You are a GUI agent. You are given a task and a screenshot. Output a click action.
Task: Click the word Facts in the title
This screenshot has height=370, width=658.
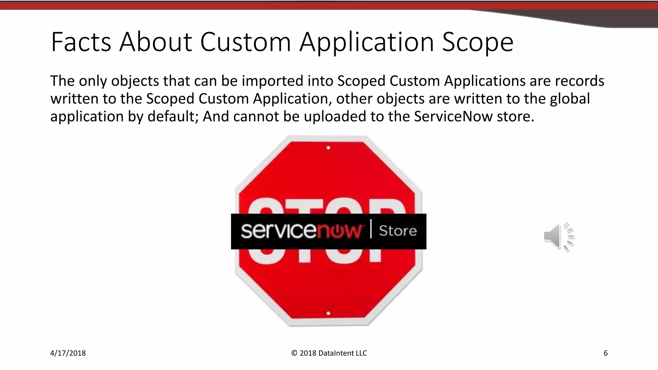tap(81, 42)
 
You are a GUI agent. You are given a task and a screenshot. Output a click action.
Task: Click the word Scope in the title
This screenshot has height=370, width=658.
tap(478, 42)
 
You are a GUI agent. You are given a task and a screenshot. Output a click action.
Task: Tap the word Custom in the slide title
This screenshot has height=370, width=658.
tap(245, 42)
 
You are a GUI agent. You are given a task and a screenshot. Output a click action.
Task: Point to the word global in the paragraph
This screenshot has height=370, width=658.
tap(570, 98)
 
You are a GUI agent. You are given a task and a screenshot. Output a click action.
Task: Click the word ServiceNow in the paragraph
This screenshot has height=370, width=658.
tap(453, 116)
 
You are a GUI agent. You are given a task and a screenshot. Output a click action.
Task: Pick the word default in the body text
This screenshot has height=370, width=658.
tap(173, 116)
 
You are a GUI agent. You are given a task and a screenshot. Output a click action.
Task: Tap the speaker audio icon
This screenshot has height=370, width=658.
tap(559, 236)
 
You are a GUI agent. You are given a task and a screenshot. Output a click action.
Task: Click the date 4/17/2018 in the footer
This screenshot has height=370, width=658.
tap(68, 353)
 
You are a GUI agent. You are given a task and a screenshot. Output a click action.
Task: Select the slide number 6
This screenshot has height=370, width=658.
tap(606, 353)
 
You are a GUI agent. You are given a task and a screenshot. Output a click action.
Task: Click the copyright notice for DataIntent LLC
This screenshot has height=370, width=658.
tap(329, 353)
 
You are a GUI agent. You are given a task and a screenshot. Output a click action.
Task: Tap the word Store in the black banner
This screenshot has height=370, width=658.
tap(398, 231)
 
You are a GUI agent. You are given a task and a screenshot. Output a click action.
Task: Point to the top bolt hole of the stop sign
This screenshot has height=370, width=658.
tap(328, 148)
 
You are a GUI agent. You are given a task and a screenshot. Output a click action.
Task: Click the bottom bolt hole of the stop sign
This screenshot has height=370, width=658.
tap(328, 313)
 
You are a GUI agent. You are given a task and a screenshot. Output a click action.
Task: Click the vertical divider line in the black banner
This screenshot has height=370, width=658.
tap(371, 229)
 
